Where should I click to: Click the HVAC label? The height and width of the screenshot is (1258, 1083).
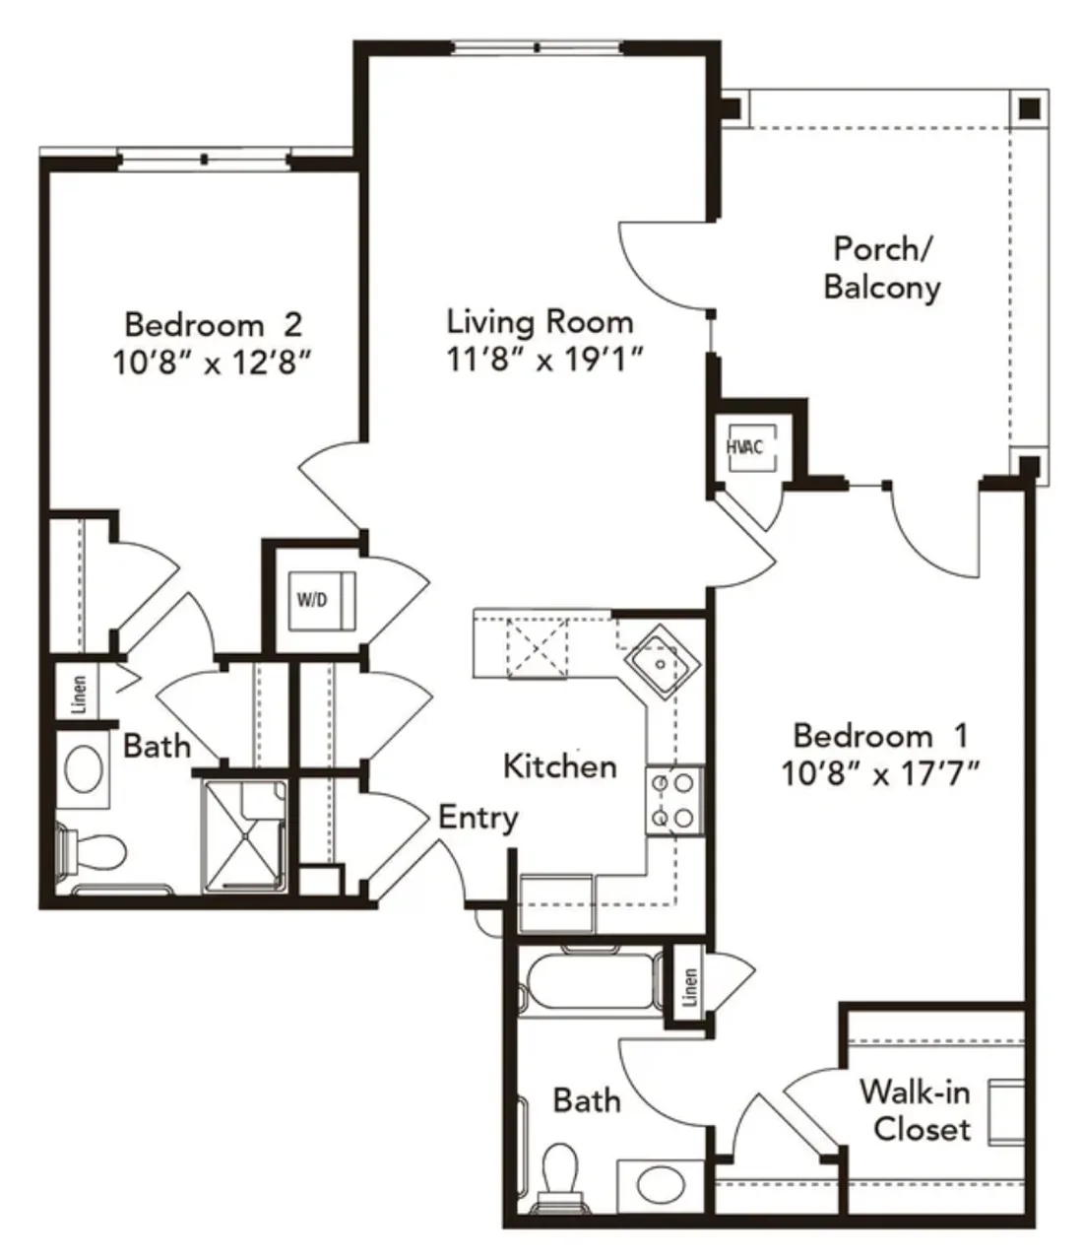point(744,447)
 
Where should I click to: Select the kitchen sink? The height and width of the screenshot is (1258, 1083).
point(661,662)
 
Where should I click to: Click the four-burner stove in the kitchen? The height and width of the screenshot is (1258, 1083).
point(674,800)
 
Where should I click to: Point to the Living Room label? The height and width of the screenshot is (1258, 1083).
point(540,322)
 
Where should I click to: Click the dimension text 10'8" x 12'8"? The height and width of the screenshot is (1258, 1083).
point(212,364)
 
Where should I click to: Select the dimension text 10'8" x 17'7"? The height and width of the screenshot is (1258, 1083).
point(880,774)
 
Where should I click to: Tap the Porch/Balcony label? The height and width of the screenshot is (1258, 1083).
point(882,268)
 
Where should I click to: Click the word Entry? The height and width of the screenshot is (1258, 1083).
point(478,818)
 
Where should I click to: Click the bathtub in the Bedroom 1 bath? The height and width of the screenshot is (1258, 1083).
point(590,980)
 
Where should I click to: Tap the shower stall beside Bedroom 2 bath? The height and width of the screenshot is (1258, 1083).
point(244,836)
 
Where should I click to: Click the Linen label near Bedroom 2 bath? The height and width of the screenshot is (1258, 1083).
point(79,694)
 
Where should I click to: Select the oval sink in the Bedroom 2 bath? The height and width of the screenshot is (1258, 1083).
point(84,768)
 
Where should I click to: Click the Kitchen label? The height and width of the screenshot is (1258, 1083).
point(560,766)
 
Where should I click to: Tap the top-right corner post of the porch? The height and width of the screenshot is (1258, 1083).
point(1030,109)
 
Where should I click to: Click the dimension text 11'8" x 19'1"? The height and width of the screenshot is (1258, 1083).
point(545,360)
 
